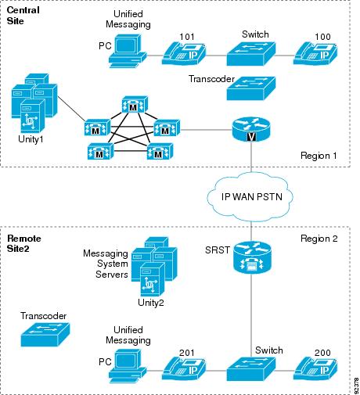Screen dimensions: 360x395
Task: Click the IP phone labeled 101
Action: coord(184,54)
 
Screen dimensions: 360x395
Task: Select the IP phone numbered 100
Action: coord(315,54)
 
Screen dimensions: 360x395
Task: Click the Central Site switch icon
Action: coord(251,54)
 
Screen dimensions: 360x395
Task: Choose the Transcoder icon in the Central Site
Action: coord(251,88)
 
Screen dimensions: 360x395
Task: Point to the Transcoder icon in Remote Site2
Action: coord(45,335)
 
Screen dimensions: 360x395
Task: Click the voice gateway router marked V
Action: coord(251,129)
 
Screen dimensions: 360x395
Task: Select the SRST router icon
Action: coord(252,258)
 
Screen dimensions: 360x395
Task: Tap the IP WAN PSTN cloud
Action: coord(250,198)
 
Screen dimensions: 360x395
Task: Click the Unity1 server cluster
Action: coord(34,103)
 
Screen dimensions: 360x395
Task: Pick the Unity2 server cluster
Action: coord(154,267)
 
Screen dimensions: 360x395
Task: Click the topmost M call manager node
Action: coord(135,105)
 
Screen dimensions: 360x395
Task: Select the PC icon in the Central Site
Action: coord(128,52)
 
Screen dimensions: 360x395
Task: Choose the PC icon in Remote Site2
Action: coord(128,366)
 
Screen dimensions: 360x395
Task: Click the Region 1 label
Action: coord(319,156)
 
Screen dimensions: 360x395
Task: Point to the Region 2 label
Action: coord(319,239)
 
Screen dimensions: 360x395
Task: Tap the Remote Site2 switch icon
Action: coord(251,369)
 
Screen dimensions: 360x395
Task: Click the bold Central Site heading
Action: coord(23,16)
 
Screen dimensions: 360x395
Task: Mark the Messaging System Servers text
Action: coord(106,264)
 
